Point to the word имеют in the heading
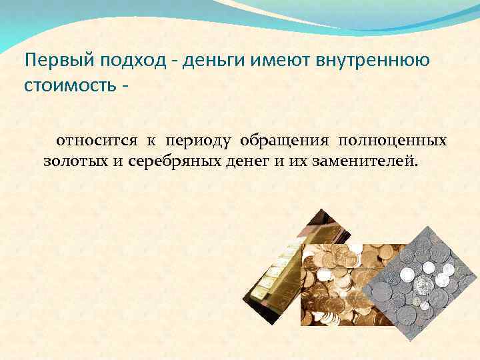click(275, 61)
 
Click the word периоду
click(198, 141)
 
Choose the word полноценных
click(393, 141)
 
